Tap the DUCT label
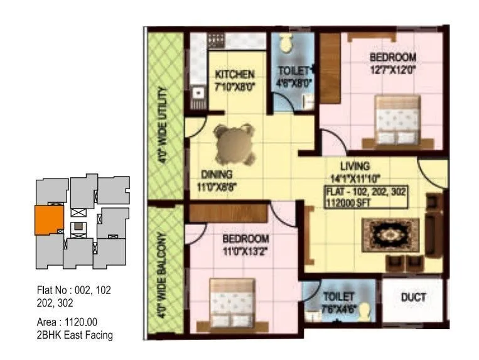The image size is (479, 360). tap(414, 297)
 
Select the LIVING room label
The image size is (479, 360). tap(355, 166)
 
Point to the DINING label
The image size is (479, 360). tap(217, 174)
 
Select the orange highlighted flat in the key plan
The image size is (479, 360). tap(48, 219)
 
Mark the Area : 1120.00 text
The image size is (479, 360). tap(67, 323)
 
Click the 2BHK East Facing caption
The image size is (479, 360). tap(75, 335)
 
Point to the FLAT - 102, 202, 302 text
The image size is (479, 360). tap(366, 192)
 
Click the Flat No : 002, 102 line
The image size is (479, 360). tap(74, 290)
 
